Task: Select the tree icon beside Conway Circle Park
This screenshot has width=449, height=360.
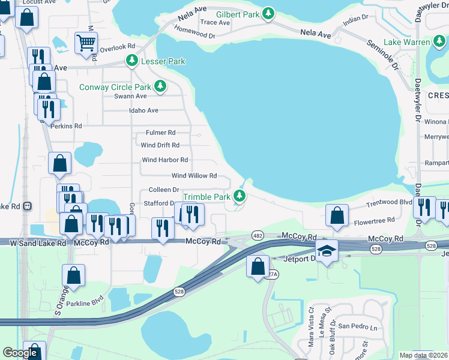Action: coord(160,87)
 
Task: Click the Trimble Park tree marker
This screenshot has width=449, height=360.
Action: coord(240,196)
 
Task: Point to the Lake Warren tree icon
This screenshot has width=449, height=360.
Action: coord(439,42)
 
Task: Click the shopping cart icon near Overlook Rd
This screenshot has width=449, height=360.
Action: coord(86,43)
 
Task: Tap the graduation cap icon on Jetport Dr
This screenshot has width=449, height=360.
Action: coord(327,250)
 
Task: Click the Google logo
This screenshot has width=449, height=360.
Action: coord(20,353)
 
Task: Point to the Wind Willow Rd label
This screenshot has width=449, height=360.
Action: coord(194,176)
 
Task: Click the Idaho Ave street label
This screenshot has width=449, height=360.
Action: coord(143,110)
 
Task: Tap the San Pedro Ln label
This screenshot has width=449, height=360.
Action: coord(358,327)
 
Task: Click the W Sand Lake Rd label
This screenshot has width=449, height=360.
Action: coord(38,243)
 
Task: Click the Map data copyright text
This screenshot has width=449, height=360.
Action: coord(423,355)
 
